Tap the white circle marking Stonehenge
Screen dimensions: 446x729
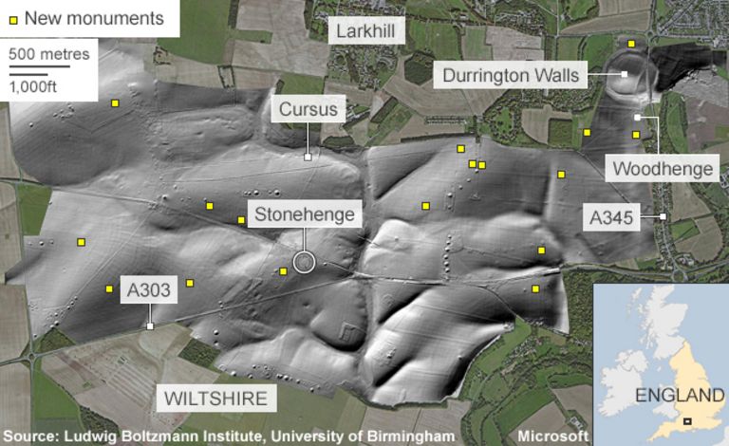[304, 261]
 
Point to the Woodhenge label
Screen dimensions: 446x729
[663, 169]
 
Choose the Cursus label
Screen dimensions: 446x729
[308, 110]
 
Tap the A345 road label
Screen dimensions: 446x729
[610, 217]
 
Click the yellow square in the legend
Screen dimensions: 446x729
[11, 18]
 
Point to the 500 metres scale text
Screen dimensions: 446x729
[49, 53]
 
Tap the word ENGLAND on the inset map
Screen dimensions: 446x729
[675, 396]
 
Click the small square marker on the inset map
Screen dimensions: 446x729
[686, 421]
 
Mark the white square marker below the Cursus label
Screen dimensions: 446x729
[308, 157]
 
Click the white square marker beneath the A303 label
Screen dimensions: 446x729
[150, 326]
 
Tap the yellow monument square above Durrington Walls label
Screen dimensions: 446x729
[631, 44]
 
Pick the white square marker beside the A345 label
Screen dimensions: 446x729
[664, 217]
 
